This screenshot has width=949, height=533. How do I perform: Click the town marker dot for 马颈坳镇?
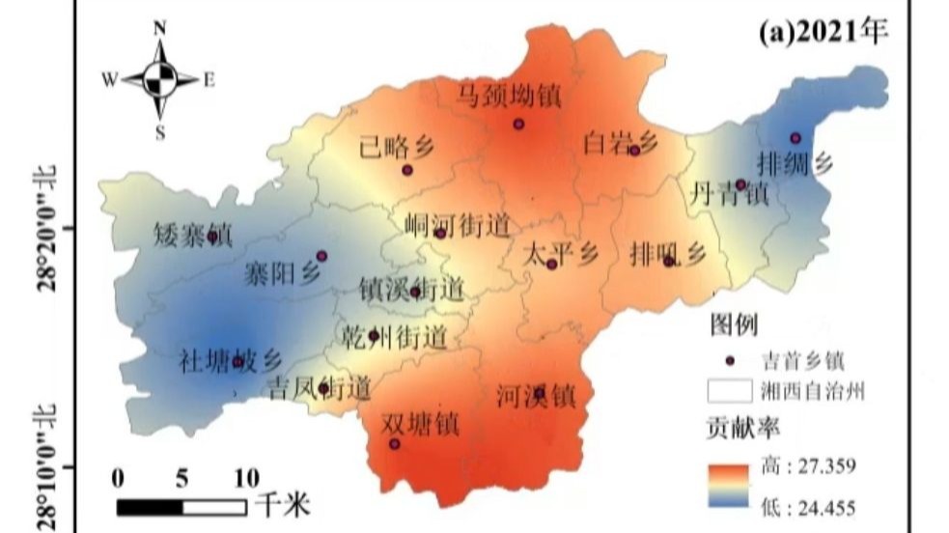coord(518,124)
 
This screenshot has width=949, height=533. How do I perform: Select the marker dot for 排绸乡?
coord(795,138)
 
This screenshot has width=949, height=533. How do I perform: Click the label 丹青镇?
coord(729,193)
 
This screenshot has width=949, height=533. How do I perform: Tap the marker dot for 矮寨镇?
coord(213,237)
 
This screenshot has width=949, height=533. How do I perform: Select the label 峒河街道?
coord(456,226)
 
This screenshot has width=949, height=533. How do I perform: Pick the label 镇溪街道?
coord(411,286)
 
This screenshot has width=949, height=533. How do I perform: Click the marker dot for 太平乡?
coord(551,264)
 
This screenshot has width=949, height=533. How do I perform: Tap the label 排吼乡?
coord(667,254)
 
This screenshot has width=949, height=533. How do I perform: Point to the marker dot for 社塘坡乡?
coord(237,362)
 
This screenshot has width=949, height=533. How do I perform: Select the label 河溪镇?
coord(536,394)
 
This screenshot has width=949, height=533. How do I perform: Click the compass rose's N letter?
coord(160,29)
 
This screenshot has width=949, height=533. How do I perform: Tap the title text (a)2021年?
coord(823,31)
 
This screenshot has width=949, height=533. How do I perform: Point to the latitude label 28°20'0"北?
coord(45,228)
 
